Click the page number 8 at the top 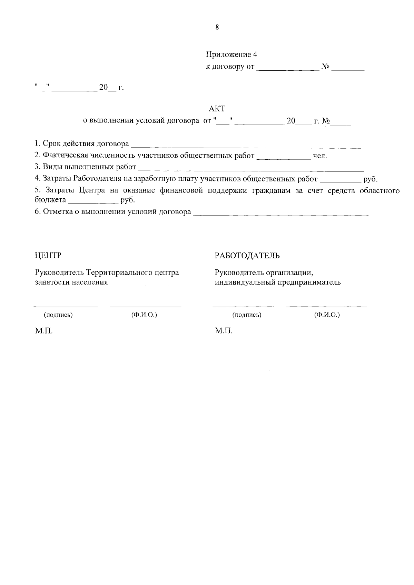(217, 28)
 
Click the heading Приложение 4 (231, 54)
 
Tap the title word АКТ (217, 109)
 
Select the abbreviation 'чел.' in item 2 (320, 156)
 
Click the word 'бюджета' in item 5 (50, 200)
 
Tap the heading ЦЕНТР (48, 256)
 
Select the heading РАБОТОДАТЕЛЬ (247, 256)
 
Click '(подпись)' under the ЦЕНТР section (58, 315)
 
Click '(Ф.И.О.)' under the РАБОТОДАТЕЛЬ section (327, 315)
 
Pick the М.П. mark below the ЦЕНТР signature (44, 331)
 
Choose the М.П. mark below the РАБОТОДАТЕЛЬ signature (224, 331)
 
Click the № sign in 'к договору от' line (325, 67)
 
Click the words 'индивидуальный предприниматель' (278, 282)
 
